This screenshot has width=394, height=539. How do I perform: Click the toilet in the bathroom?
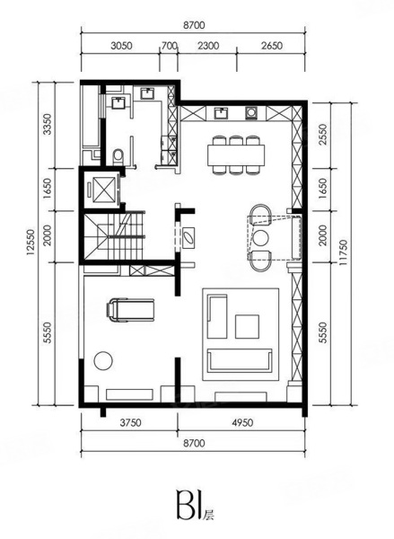click(x=118, y=156)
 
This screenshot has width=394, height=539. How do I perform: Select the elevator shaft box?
click(x=102, y=189)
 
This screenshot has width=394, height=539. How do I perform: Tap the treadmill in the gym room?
click(x=130, y=311)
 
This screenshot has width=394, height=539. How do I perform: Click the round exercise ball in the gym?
click(x=103, y=360)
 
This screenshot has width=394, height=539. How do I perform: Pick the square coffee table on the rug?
click(x=247, y=327)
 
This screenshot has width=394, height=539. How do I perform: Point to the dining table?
click(x=236, y=155)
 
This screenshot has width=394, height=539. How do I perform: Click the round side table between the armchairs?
click(x=260, y=237)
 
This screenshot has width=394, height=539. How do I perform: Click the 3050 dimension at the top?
click(x=121, y=46)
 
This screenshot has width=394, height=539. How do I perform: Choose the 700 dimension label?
click(x=169, y=46)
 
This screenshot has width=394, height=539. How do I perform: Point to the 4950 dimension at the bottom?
click(x=241, y=422)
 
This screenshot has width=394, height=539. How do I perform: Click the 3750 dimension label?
click(x=130, y=422)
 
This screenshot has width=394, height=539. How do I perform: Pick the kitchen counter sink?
click(x=221, y=113)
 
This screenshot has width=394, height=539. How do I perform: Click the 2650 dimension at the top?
click(x=271, y=46)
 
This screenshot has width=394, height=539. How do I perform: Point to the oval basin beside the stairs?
click(x=188, y=237)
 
